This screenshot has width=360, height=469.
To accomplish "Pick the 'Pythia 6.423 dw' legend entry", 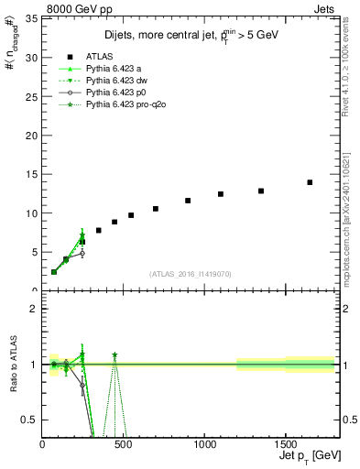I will [x=116, y=81].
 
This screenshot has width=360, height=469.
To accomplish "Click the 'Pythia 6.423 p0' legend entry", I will [x=115, y=93].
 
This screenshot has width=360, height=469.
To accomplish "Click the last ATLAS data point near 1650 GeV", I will [x=310, y=182].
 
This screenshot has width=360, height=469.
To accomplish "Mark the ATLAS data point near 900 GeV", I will [x=188, y=201].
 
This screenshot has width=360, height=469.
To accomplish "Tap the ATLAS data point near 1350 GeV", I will [x=261, y=191].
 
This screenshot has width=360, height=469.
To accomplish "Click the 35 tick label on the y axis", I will [x=31, y=18].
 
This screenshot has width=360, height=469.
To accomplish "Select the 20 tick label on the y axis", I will [x=31, y=136].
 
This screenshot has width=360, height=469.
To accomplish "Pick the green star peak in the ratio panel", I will [x=115, y=354].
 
